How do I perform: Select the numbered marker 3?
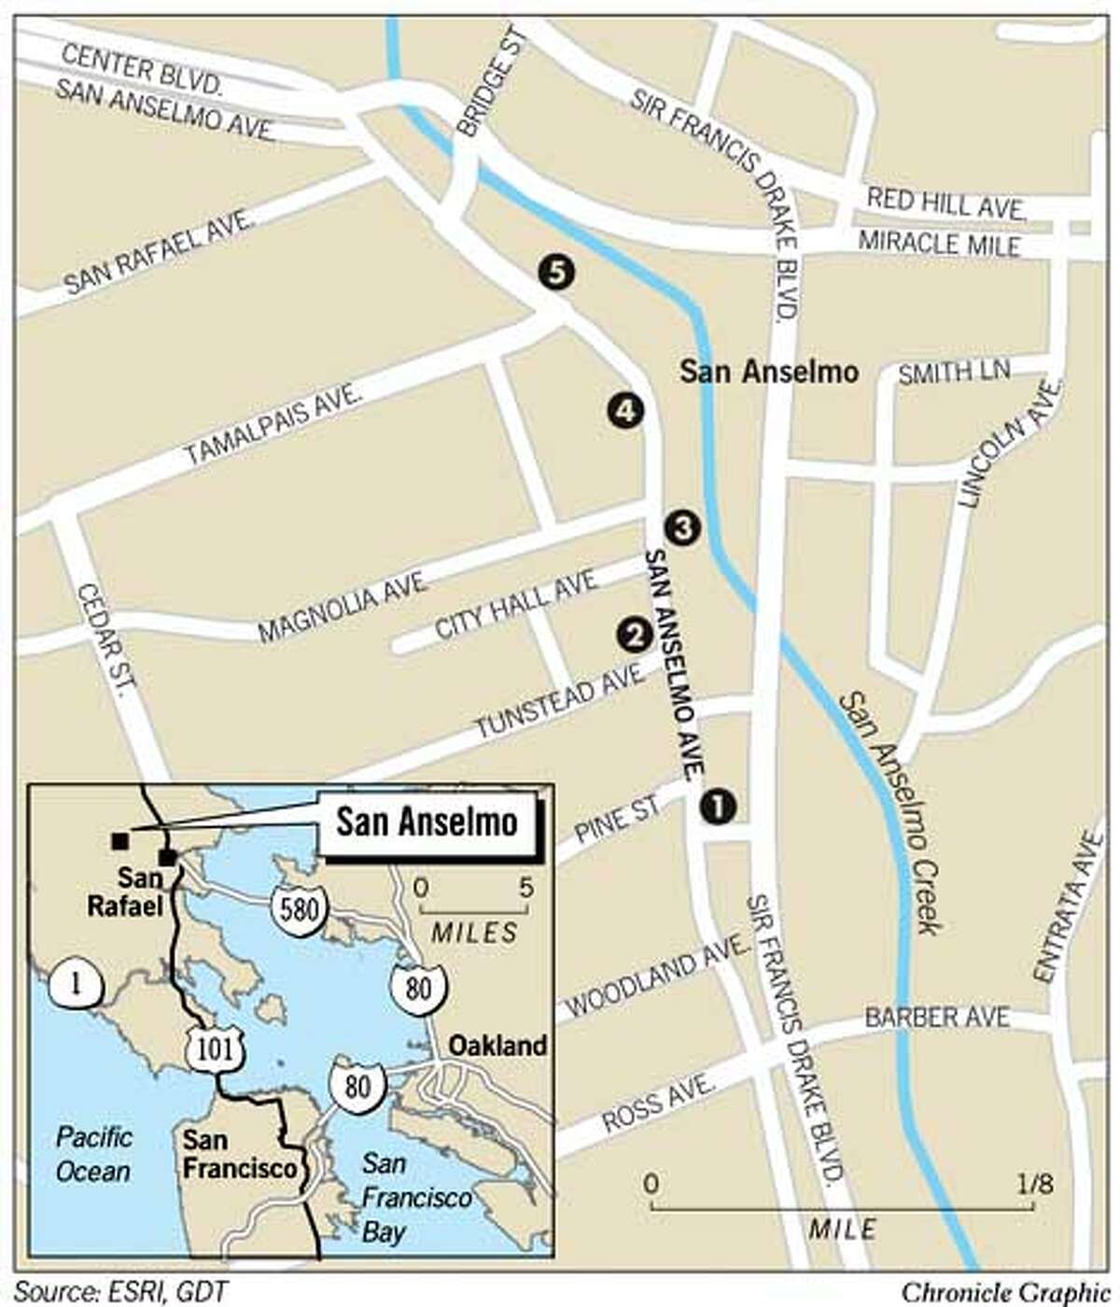click(681, 527)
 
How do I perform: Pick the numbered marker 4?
click(623, 411)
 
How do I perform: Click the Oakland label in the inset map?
click(497, 1046)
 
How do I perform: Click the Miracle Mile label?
click(939, 245)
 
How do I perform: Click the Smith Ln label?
click(953, 372)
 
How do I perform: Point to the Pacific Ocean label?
click(93, 1154)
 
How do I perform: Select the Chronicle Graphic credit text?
click(998, 1292)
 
